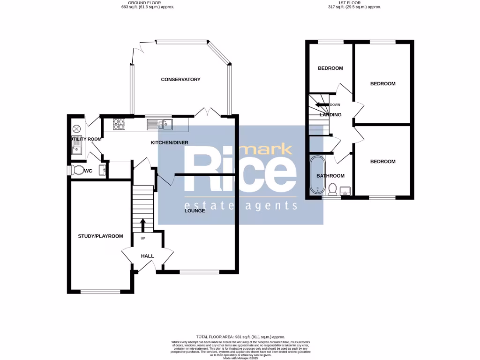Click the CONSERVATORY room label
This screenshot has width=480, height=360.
180,80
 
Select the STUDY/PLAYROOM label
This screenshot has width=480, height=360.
100,236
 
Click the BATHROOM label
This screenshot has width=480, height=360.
330,176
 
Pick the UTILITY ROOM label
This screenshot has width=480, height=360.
86,139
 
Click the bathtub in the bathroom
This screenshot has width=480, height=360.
317,175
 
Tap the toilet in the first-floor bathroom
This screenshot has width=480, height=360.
332,189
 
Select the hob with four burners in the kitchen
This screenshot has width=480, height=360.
119,124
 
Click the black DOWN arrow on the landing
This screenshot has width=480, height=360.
322,105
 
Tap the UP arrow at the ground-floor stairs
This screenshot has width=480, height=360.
143,225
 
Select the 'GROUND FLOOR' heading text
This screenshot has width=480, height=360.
138,2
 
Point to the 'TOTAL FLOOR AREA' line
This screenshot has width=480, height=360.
240,337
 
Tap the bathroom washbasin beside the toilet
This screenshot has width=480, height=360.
346,191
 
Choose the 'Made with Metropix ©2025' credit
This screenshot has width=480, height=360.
240,358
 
